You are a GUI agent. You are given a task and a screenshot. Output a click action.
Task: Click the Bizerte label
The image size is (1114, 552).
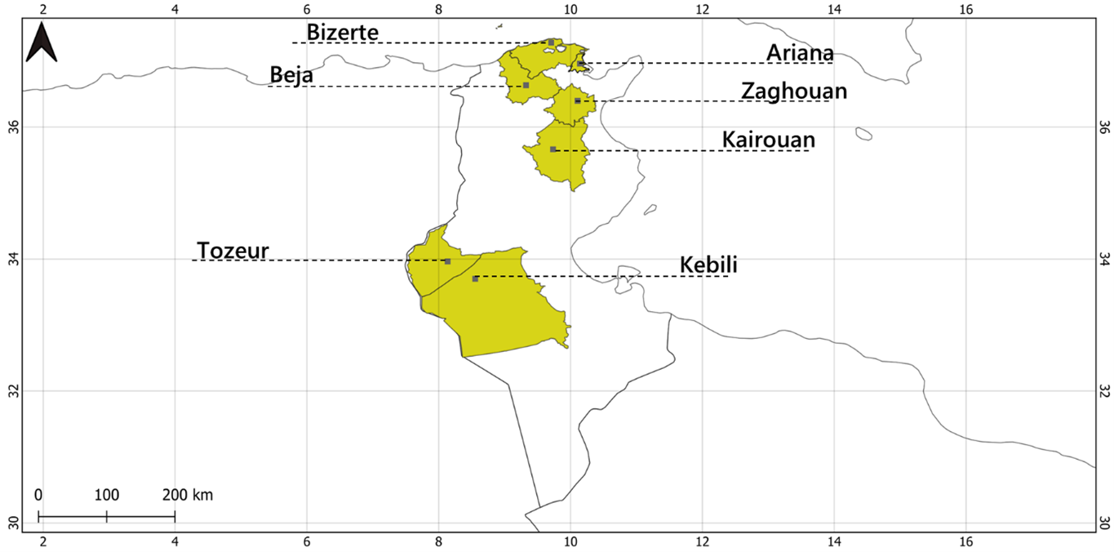343,32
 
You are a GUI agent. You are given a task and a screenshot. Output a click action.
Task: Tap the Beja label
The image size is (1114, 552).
291,75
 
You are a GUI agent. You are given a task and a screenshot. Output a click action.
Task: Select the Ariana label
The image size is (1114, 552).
800,52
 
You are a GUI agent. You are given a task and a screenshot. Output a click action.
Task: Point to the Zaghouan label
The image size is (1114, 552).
793,91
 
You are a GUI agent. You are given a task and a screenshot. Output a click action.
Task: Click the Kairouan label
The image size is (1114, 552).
768,140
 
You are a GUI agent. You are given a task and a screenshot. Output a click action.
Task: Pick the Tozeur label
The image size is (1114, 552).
233,250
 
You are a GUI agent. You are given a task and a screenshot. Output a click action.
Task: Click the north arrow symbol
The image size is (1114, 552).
41,43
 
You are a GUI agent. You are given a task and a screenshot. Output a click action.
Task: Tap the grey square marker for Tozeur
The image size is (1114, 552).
447,261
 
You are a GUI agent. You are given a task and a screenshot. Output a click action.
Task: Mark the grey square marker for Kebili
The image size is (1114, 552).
475,279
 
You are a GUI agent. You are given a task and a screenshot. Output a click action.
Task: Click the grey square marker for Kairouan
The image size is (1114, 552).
553,149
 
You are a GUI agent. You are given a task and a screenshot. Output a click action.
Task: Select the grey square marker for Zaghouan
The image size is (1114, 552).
578,100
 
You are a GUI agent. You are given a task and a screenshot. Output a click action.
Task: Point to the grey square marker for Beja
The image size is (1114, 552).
526,85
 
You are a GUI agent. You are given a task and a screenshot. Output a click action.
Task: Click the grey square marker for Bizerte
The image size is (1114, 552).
551,42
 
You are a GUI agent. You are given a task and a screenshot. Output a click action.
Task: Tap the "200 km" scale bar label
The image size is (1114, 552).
187,495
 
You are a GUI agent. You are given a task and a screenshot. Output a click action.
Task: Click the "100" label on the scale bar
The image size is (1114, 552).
106,495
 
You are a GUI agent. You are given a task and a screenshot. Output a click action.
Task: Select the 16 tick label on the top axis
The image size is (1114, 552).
965,10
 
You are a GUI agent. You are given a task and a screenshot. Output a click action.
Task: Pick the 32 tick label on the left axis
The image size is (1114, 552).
12,391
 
